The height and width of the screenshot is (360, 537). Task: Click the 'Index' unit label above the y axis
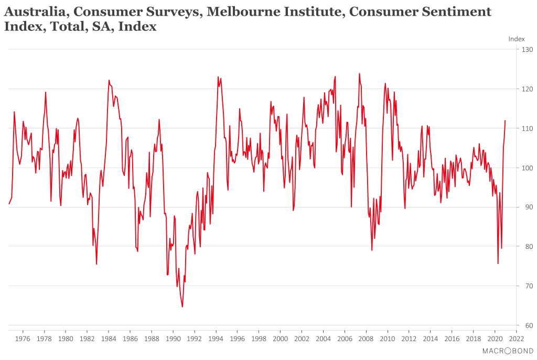517,39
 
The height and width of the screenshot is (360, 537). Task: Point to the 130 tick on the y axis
526,50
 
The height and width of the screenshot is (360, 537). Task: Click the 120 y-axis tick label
526,89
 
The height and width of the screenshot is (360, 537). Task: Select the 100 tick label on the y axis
526,168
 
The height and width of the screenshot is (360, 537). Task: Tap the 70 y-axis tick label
526,286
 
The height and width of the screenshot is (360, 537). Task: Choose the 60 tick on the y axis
526,325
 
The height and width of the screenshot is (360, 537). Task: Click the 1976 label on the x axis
23,339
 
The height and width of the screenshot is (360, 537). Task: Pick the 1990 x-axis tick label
173,339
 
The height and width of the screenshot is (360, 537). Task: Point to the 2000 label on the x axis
281,339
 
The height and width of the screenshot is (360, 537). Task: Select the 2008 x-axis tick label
367,339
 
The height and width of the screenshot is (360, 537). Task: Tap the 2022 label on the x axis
517,339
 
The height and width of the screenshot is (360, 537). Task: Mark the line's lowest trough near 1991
182,307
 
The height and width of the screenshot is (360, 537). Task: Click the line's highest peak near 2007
359,73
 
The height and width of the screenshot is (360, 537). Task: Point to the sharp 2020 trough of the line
498,264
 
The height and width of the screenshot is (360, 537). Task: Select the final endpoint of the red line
505,121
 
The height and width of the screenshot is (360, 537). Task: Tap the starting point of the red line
9,204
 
